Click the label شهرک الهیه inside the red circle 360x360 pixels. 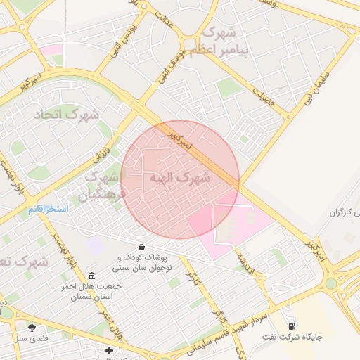(x=180, y=179)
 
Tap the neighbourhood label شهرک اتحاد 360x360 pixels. (x=59, y=113)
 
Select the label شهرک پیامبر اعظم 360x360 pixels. (x=223, y=41)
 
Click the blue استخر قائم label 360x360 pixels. (x=48, y=210)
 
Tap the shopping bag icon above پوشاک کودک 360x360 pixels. (x=143, y=247)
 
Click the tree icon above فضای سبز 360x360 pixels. (x=32, y=327)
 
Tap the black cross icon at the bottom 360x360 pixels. (x=109, y=350)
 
